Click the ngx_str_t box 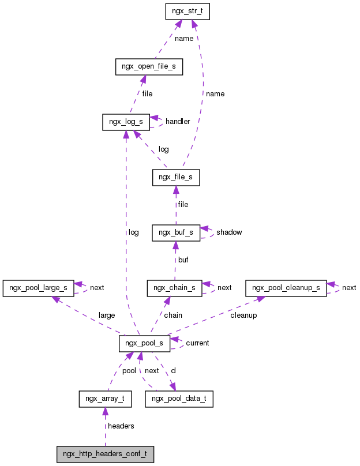click(186, 12)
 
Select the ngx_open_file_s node click(149, 67)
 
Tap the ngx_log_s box click(126, 122)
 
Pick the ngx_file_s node click(176, 178)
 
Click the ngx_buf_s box click(175, 232)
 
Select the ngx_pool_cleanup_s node click(286, 287)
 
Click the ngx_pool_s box click(144, 343)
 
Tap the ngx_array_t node click(105, 399)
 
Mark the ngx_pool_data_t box click(179, 399)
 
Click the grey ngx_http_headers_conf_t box click(105, 454)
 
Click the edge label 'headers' click(121, 426)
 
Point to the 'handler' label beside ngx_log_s click(178, 122)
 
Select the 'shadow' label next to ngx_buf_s click(229, 232)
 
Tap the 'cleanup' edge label click(243, 315)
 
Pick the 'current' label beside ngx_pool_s click(197, 343)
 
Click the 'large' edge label click(107, 315)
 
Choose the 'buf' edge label click(183, 260)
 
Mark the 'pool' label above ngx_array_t click(129, 371)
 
